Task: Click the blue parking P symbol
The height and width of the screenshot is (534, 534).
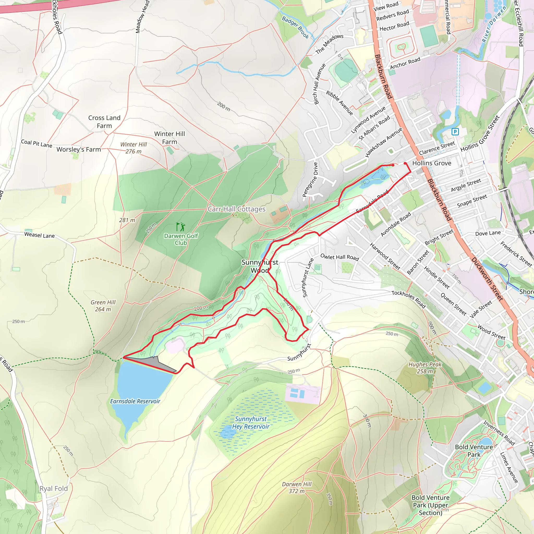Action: coord(455,132)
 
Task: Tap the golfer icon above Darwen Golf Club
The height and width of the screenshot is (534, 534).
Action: coord(181,227)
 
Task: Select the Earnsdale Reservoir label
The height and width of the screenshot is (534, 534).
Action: coord(135,401)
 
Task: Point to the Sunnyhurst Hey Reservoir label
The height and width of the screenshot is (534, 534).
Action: coord(250,423)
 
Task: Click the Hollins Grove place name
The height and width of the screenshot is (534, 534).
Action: coord(432,163)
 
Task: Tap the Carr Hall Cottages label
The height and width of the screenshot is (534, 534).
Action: coord(236,209)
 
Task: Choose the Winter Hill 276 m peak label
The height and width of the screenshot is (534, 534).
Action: coord(133,148)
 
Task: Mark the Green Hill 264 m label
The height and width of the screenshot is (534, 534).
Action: coord(103,306)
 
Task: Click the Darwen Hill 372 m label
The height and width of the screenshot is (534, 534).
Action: coord(296,488)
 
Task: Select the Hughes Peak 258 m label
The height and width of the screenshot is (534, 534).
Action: coord(425,368)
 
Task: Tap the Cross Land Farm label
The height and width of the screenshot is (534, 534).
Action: coord(104,122)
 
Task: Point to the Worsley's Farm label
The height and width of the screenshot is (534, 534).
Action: coord(78,149)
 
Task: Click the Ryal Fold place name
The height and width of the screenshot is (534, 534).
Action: coord(54,488)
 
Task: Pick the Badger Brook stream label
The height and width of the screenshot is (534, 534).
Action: coord(295,27)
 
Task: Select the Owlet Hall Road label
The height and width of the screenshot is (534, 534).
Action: coord(339,257)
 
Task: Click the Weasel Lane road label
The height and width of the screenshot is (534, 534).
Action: coord(40,235)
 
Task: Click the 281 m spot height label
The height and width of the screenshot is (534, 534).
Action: coord(127,220)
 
